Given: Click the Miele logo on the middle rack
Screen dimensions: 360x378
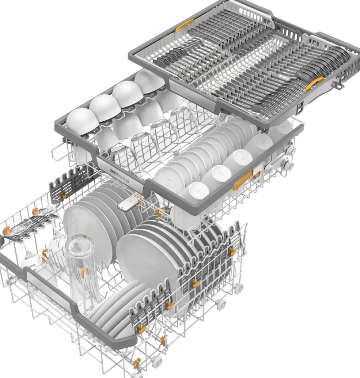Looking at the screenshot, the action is [x=120, y=176].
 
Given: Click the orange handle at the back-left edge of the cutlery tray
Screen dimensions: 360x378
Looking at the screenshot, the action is [x=184, y=26].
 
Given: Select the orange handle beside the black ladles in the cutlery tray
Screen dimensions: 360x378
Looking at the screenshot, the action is [x=314, y=84].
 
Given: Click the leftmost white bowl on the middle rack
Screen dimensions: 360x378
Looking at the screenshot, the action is [x=82, y=120].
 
